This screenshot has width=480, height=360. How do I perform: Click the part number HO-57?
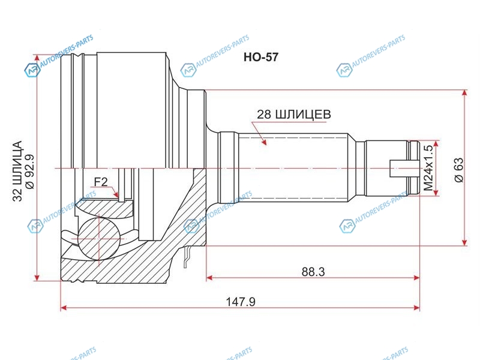tap(261, 57)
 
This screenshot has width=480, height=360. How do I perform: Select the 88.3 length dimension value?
tap(313, 272)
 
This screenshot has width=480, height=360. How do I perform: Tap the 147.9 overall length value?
tap(241, 302)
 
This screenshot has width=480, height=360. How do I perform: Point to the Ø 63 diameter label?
tap(459, 170)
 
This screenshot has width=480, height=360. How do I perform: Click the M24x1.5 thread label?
tap(428, 168)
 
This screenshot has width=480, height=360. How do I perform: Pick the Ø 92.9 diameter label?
tap(31, 172)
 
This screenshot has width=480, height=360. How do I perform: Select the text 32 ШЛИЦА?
tap(18, 171)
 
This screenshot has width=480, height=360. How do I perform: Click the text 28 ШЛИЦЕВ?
tap(294, 115)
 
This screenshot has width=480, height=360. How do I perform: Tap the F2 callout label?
tap(101, 182)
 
